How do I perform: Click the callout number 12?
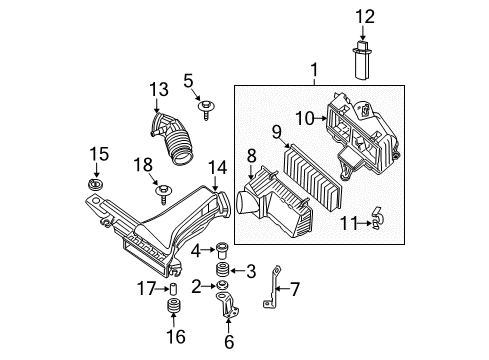click(x=365, y=17)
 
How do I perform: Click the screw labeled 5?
click(x=206, y=110)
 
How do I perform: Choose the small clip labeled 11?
click(x=378, y=218)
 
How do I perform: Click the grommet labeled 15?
click(x=95, y=184)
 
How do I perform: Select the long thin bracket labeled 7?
click(x=274, y=287)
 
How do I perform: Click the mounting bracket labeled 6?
click(x=228, y=305)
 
